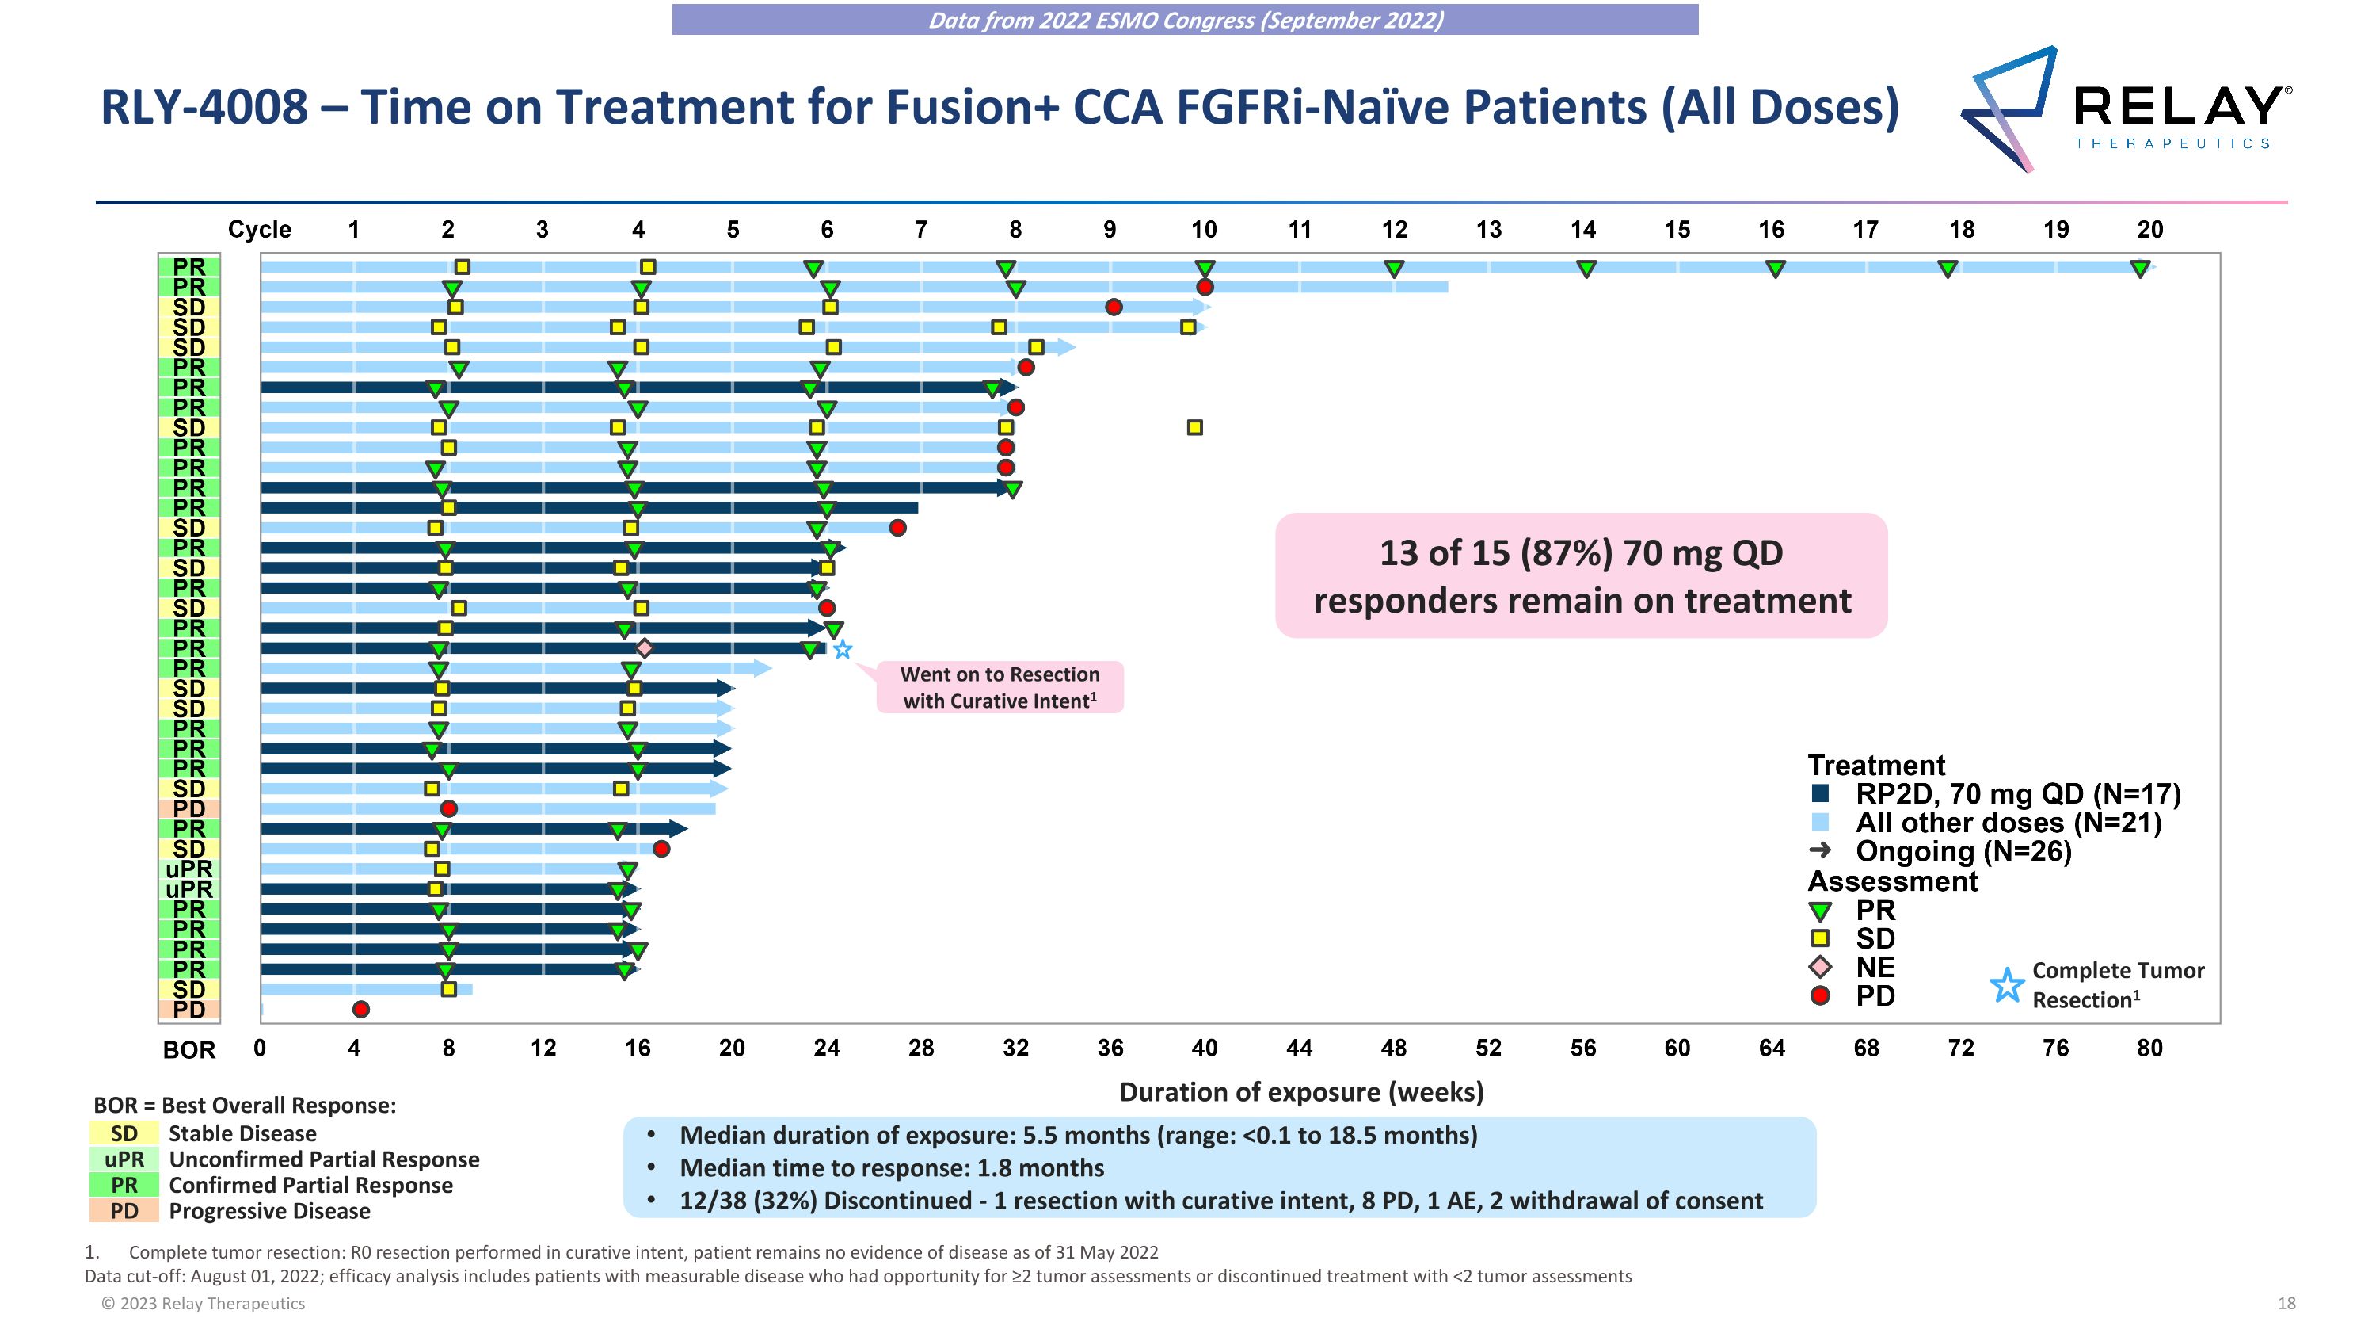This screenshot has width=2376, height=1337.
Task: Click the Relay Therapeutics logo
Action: [x=2122, y=109]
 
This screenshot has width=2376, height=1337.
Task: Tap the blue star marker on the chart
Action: [x=842, y=650]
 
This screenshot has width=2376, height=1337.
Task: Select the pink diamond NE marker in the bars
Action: [x=644, y=647]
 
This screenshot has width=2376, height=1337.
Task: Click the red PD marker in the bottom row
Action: [x=360, y=1010]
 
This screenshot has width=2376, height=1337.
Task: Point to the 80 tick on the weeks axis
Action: [x=2149, y=1049]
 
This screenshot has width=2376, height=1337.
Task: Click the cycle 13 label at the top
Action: [x=1487, y=230]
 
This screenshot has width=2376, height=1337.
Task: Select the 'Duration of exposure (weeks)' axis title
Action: [x=1300, y=1092]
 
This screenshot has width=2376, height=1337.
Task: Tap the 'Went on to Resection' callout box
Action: [x=1000, y=687]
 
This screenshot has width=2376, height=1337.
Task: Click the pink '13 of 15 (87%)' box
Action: [x=1581, y=575]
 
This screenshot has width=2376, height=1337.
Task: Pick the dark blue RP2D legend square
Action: [x=1820, y=793]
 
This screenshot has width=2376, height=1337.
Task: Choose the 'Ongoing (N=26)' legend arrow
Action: [x=1820, y=850]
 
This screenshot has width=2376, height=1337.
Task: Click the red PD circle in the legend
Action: [x=1820, y=995]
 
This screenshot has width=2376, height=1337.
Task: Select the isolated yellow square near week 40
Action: [x=1194, y=427]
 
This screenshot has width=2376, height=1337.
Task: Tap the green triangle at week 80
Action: [x=2140, y=269]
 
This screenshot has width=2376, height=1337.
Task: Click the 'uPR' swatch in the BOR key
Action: [x=124, y=1159]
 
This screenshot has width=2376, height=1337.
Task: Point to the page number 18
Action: [x=2286, y=1304]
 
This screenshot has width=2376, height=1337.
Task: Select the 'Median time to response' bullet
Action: [x=891, y=1168]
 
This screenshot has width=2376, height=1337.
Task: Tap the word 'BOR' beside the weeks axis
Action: [x=189, y=1050]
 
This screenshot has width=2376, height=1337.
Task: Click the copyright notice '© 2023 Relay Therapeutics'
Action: [x=203, y=1304]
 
